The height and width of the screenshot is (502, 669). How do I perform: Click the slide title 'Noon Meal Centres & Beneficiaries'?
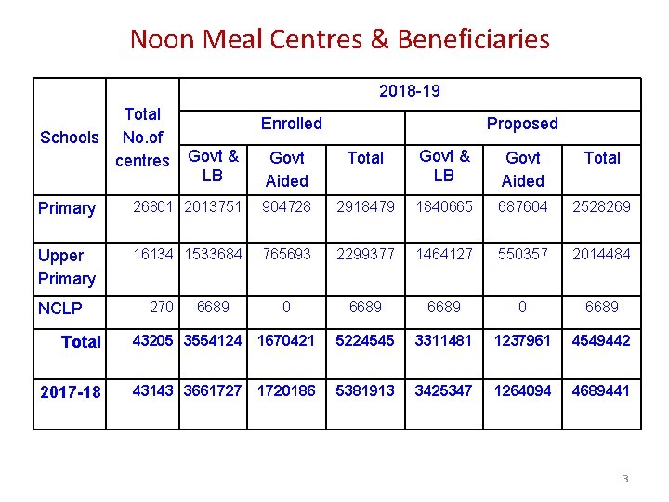pyautogui.click(x=339, y=39)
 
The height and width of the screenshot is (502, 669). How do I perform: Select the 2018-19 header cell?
pyautogui.click(x=409, y=91)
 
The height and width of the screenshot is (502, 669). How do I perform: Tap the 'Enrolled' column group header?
pyautogui.click(x=291, y=124)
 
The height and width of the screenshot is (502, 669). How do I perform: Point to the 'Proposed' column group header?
pyautogui.click(x=522, y=124)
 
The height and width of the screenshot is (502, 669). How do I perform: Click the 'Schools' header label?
pyautogui.click(x=70, y=138)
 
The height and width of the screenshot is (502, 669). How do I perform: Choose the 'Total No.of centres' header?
pyautogui.click(x=142, y=138)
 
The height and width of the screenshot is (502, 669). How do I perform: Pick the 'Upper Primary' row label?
pyautogui.click(x=67, y=267)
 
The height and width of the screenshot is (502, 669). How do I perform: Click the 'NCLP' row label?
pyautogui.click(x=60, y=309)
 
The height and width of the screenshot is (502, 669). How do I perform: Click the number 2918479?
pyautogui.click(x=365, y=206)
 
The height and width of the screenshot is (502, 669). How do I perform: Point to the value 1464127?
pyautogui.click(x=444, y=255)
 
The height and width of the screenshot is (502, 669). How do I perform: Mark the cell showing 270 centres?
pyautogui.click(x=162, y=307)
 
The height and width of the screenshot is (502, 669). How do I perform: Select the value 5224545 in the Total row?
pyautogui.click(x=365, y=340)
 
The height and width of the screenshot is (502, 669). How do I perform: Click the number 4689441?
pyautogui.click(x=602, y=390)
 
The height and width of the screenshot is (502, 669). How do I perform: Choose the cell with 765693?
pyautogui.click(x=286, y=255)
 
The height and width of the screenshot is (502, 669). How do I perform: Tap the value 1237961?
pyautogui.click(x=523, y=340)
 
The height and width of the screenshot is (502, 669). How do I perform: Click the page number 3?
pyautogui.click(x=625, y=479)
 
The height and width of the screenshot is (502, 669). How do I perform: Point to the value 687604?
pyautogui.click(x=523, y=206)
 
